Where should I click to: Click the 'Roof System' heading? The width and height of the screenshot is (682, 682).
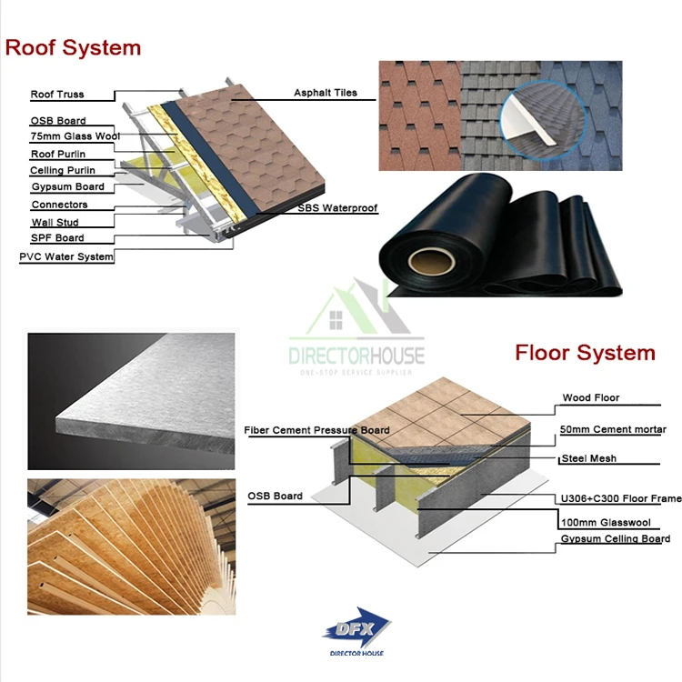tap(74, 47)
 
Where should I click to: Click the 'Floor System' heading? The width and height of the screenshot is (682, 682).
tap(585, 353)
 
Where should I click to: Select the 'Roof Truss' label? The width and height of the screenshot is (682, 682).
tap(58, 95)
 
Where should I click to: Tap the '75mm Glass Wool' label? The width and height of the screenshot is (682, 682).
tap(75, 136)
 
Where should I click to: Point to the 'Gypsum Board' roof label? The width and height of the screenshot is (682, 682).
tap(67, 186)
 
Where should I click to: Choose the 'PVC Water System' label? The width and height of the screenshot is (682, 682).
tap(66, 257)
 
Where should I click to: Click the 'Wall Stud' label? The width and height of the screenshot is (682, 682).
tap(55, 222)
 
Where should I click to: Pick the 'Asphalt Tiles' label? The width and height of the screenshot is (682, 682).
tap(326, 93)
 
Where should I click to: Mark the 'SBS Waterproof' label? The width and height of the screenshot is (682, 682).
tap(337, 208)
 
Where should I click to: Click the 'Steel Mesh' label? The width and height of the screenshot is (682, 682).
tap(589, 458)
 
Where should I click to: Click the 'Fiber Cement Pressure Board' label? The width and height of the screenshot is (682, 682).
tap(316, 430)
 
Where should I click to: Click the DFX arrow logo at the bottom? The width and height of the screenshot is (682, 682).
tap(356, 627)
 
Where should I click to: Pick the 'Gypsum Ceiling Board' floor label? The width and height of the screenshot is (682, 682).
tap(615, 539)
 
